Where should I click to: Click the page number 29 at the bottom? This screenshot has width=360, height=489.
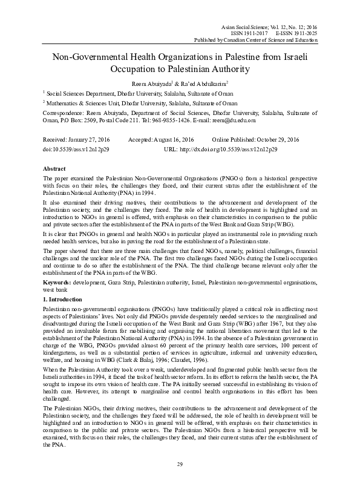pos(180,464)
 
